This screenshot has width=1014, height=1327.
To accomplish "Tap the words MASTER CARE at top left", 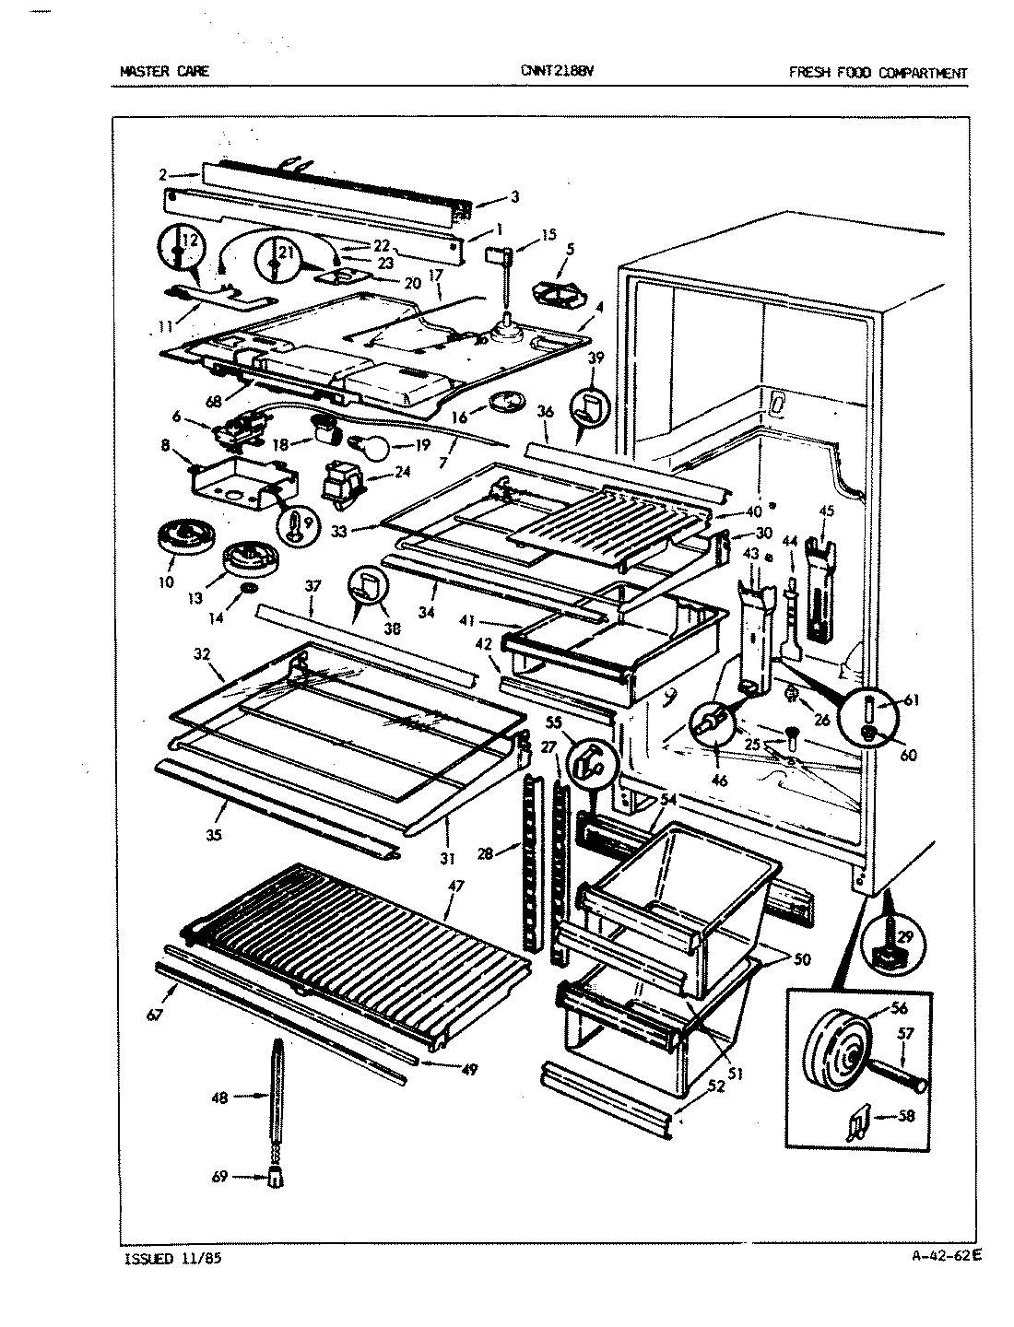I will [165, 71].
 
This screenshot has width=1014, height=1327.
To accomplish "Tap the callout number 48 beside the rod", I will [219, 1097].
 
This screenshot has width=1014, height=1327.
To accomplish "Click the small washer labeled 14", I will [248, 589].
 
